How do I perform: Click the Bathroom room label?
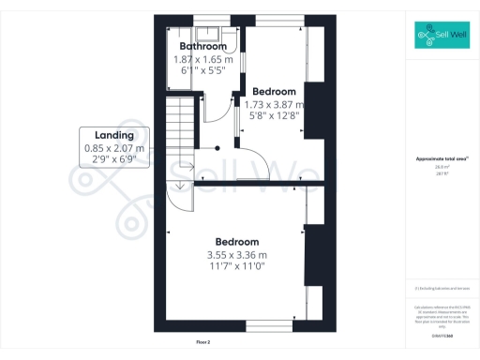click(203, 46)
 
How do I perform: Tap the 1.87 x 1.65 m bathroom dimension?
click(203, 58)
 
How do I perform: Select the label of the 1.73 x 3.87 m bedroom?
click(274, 92)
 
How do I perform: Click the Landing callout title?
click(114, 135)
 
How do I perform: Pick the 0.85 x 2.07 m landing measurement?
click(114, 147)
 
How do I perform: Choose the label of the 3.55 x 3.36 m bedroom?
click(237, 242)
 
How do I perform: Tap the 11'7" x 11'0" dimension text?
click(237, 266)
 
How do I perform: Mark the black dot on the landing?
click(217, 147)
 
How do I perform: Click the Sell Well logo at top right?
click(442, 37)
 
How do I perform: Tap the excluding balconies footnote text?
click(441, 288)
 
